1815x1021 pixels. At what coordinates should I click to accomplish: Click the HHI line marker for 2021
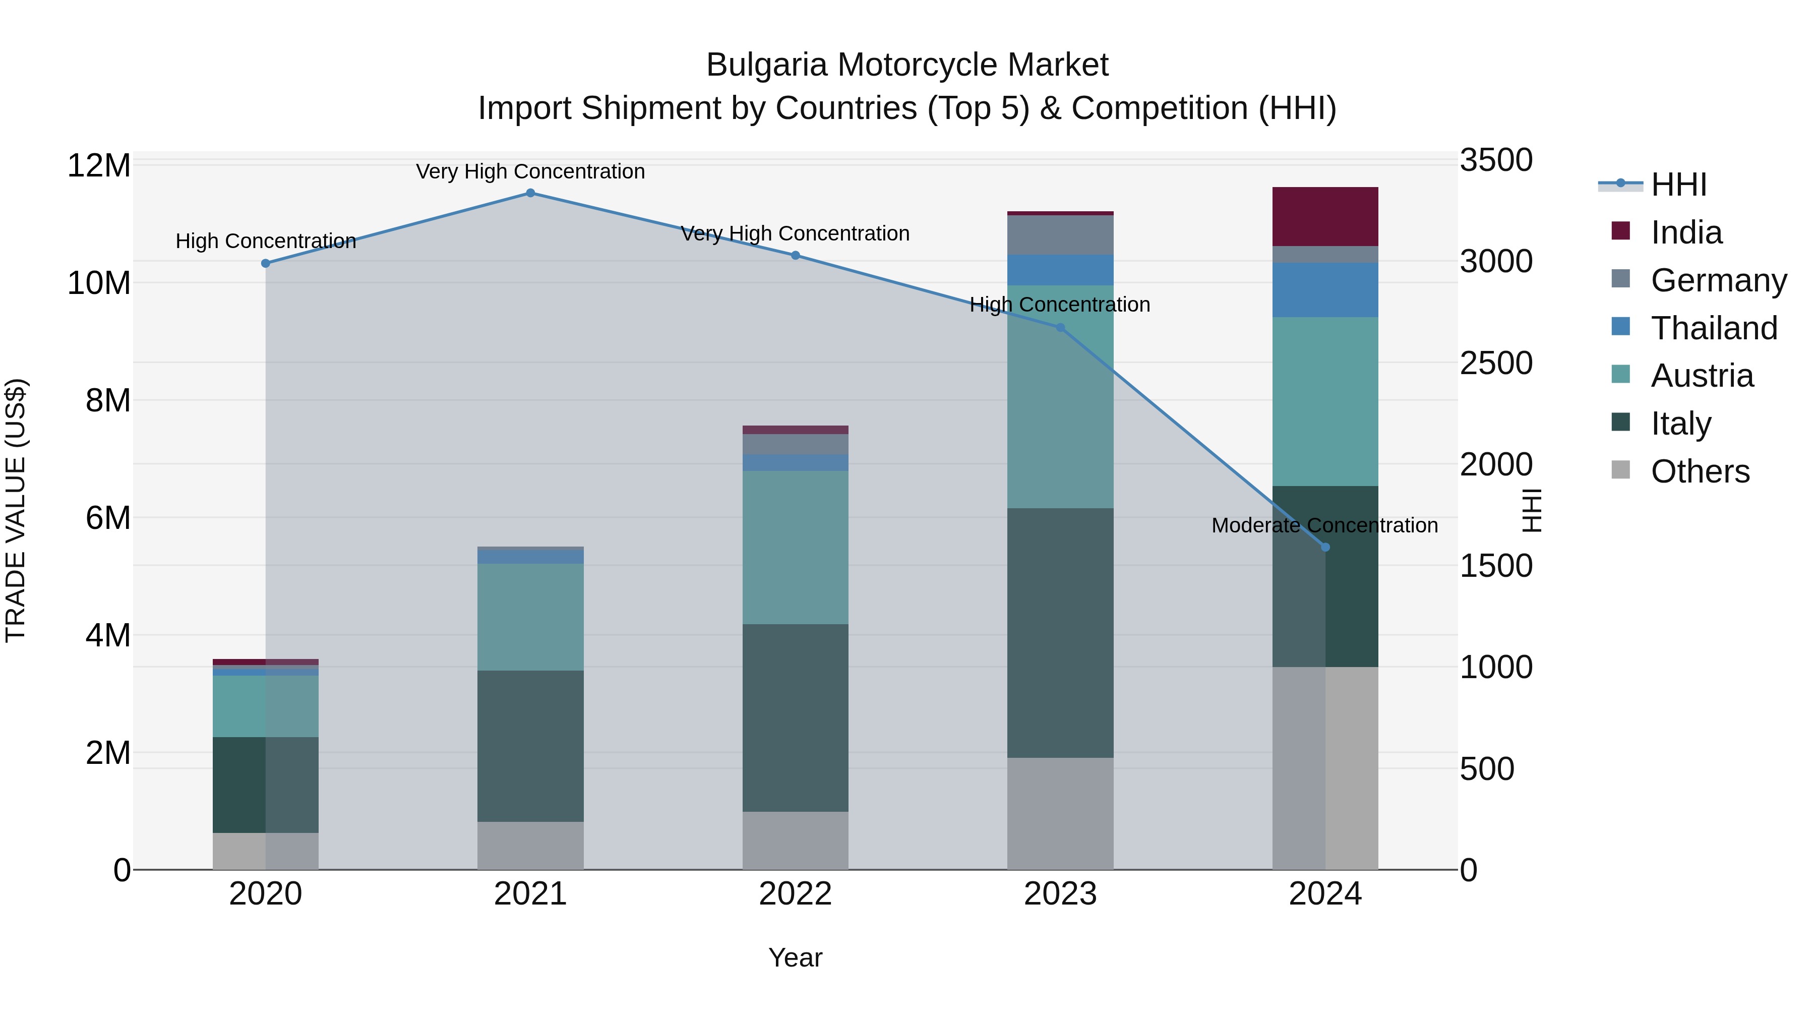(530, 193)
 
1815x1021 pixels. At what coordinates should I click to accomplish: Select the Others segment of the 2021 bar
(530, 845)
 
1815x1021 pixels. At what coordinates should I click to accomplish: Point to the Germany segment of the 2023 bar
(1060, 234)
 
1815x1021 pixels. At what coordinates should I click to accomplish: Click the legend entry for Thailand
(1714, 328)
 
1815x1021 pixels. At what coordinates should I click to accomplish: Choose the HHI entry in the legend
(1678, 185)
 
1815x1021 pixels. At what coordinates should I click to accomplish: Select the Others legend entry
(1700, 471)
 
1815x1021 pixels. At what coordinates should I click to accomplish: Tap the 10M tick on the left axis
(99, 283)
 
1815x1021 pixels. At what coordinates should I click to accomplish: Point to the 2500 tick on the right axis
(1495, 364)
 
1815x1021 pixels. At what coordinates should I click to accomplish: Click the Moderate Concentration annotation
(1324, 526)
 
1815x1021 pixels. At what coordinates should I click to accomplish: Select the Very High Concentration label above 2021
(530, 171)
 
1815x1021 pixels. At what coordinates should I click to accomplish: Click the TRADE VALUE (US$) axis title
(16, 510)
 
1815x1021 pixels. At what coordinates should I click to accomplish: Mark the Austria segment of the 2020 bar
(266, 706)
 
